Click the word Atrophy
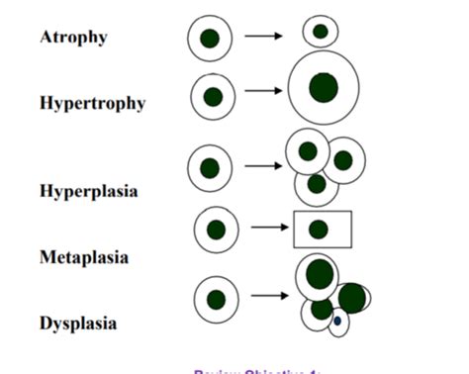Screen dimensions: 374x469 pyautogui.click(x=73, y=38)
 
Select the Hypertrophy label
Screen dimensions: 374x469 pyautogui.click(x=92, y=103)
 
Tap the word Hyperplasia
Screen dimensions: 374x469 pyautogui.click(x=88, y=189)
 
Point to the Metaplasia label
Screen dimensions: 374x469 pyautogui.click(x=84, y=257)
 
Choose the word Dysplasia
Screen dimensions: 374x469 pyautogui.click(x=78, y=323)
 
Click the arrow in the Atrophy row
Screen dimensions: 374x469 pyautogui.click(x=264, y=37)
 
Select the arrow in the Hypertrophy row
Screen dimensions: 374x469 pyautogui.click(x=264, y=92)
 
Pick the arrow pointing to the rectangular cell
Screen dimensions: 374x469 pyautogui.click(x=269, y=229)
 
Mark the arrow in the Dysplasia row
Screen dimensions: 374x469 pyautogui.click(x=268, y=295)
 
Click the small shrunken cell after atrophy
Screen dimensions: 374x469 pyautogui.click(x=320, y=32)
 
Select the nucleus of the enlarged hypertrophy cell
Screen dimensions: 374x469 pyautogui.click(x=323, y=87)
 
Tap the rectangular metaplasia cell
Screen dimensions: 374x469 pyautogui.click(x=323, y=230)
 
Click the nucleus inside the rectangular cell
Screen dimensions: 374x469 pyautogui.click(x=318, y=230)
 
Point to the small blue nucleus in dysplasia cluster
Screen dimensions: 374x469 pyautogui.click(x=337, y=321)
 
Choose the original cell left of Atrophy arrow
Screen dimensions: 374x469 pyautogui.click(x=210, y=39)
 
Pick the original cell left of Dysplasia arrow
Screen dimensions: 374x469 pyautogui.click(x=216, y=299)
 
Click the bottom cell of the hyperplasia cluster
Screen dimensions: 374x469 pyautogui.click(x=316, y=185)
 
